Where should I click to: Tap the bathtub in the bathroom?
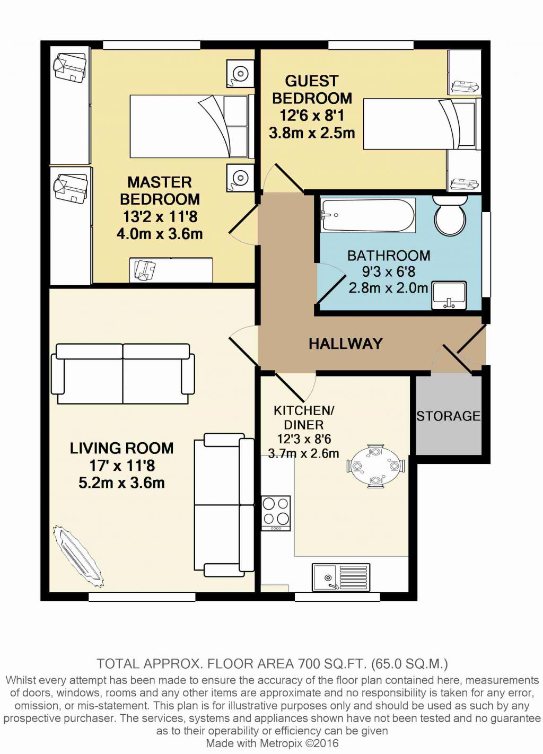coord(368,215)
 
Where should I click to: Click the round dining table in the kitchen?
coord(376,466)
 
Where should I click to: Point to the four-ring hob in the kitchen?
coord(276,513)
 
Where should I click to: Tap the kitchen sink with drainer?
coord(340,577)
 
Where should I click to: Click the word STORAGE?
coord(448,416)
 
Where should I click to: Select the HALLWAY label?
coord(346,344)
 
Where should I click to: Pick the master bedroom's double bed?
coord(192,126)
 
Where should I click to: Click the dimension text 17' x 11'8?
coord(122,466)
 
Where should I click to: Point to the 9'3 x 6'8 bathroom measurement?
coord(389,271)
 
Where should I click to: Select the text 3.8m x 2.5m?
coord(312,133)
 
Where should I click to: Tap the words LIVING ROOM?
coord(121,449)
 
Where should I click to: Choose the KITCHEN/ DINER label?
coord(303,417)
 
